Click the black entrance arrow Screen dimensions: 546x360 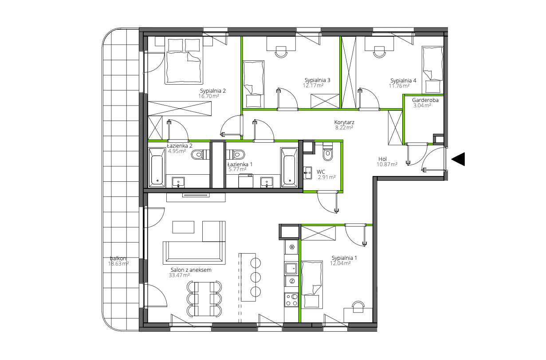pyautogui.click(x=459, y=159)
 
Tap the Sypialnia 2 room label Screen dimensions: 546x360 pyautogui.click(x=213, y=91)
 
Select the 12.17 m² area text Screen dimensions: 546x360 pyautogui.click(x=313, y=86)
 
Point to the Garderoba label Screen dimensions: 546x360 pyautogui.click(x=425, y=100)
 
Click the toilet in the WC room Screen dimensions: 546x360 pyautogui.click(x=328, y=153)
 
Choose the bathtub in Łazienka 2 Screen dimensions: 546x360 pyautogui.click(x=157, y=168)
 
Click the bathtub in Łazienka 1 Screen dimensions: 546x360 pyautogui.click(x=289, y=168)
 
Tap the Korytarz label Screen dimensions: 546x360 pyautogui.click(x=344, y=122)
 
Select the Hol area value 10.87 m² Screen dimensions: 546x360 pyautogui.click(x=387, y=164)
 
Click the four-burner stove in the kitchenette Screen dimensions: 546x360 pyautogui.click(x=291, y=300)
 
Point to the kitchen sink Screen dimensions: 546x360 pyautogui.click(x=291, y=269)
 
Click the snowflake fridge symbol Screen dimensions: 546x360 pyautogui.click(x=292, y=247)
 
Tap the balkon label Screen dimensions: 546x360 pyautogui.click(x=118, y=258)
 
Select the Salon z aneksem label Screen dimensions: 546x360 pyautogui.click(x=191, y=270)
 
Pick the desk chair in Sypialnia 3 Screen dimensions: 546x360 pyautogui.click(x=281, y=52)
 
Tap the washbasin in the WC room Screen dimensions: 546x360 pyautogui.click(x=308, y=173)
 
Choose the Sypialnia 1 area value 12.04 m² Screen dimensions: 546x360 pyautogui.click(x=340, y=263)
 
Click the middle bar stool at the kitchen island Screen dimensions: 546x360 pyautogui.click(x=255, y=277)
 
